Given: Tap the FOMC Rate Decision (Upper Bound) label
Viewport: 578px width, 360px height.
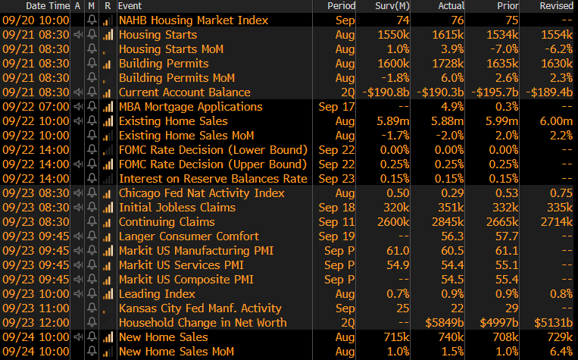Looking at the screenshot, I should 213,164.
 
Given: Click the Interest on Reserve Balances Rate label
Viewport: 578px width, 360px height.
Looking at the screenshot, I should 213,179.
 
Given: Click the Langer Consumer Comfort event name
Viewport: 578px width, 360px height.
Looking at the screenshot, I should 189,236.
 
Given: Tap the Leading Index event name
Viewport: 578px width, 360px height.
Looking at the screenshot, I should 157,294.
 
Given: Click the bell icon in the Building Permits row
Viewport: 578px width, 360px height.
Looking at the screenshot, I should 92,64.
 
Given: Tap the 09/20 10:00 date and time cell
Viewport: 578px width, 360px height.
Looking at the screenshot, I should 36,20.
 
